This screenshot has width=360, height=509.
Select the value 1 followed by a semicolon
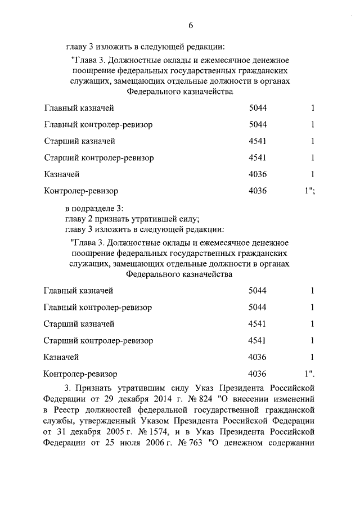[x=309, y=191]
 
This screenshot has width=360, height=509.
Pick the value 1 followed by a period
[x=309, y=373]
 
